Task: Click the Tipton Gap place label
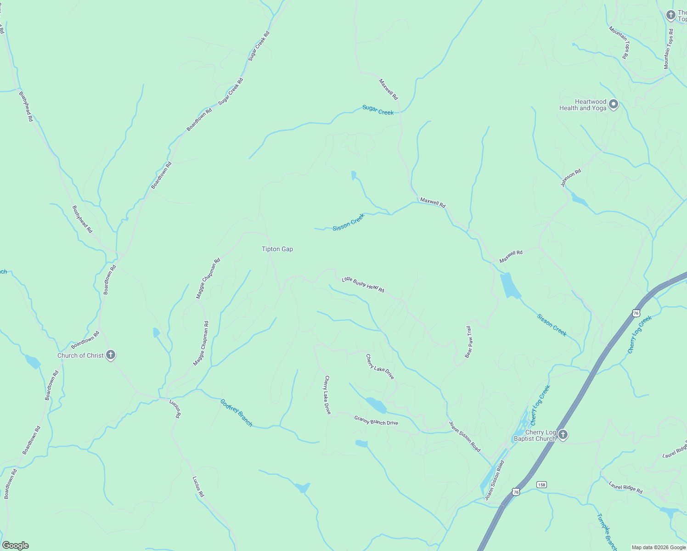pos(277,249)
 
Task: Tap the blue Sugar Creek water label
pos(378,110)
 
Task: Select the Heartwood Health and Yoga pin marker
pos(614,105)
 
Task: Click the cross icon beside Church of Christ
pos(110,355)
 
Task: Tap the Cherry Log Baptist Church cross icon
pos(563,434)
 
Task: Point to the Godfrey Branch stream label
pos(236,412)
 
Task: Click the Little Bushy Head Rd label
pos(363,285)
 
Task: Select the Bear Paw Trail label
pos(468,342)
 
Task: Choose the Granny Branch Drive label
pos(376,420)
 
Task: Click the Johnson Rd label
pos(571,178)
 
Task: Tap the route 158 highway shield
pos(542,484)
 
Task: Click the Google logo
pos(15,545)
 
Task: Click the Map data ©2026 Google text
pos(659,547)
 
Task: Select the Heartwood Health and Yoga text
pos(583,105)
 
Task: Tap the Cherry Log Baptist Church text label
pos(535,435)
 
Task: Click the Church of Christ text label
pos(80,355)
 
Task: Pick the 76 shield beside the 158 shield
pos(516,492)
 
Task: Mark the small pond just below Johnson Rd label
pos(578,200)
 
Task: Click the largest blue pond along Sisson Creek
pos(510,285)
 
